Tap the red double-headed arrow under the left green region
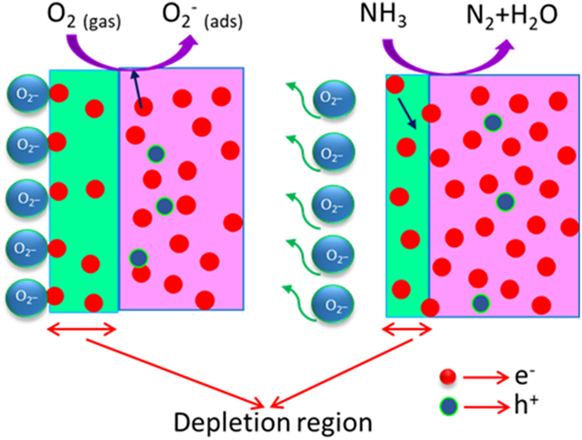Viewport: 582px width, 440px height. [x=84, y=328]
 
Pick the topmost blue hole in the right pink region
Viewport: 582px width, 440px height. [x=492, y=122]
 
